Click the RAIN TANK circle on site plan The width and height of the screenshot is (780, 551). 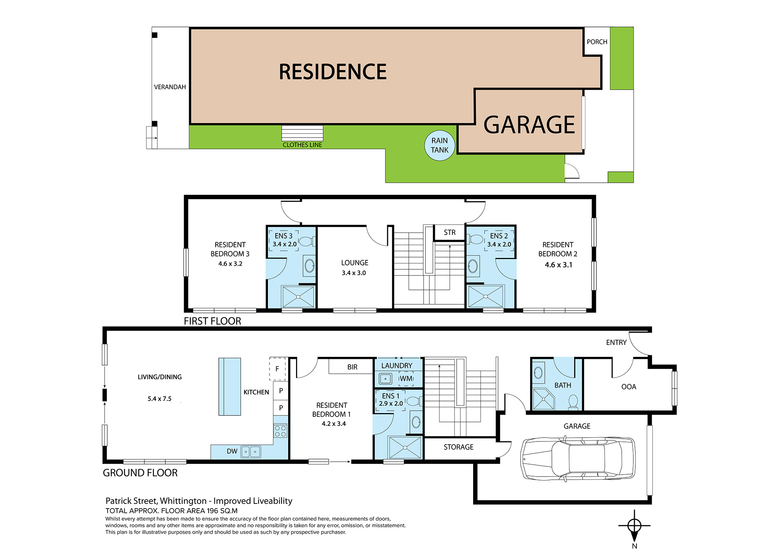coord(440,145)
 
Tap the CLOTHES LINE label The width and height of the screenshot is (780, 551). coord(302,145)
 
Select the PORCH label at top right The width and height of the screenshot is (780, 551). coord(597,42)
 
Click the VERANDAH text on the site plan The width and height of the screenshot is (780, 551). coord(170,87)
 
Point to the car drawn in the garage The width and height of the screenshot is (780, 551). coord(578,458)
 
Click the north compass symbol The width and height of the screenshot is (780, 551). coord(635,526)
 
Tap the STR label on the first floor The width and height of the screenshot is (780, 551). coord(450,232)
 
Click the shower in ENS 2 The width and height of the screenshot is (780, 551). coord(486,297)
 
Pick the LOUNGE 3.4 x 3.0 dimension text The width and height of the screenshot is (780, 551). coord(354,273)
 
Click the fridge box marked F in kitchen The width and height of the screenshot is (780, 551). coord(277,369)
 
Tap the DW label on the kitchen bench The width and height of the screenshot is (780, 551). coord(232,451)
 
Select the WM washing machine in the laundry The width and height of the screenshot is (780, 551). coord(406,378)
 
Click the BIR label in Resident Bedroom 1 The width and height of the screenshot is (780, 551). coord(352,367)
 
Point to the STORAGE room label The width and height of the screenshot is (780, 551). coord(458,447)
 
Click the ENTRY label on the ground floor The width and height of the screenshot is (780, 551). coord(616,343)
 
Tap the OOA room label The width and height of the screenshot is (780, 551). coord(628,387)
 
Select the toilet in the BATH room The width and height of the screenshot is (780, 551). coord(573,401)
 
